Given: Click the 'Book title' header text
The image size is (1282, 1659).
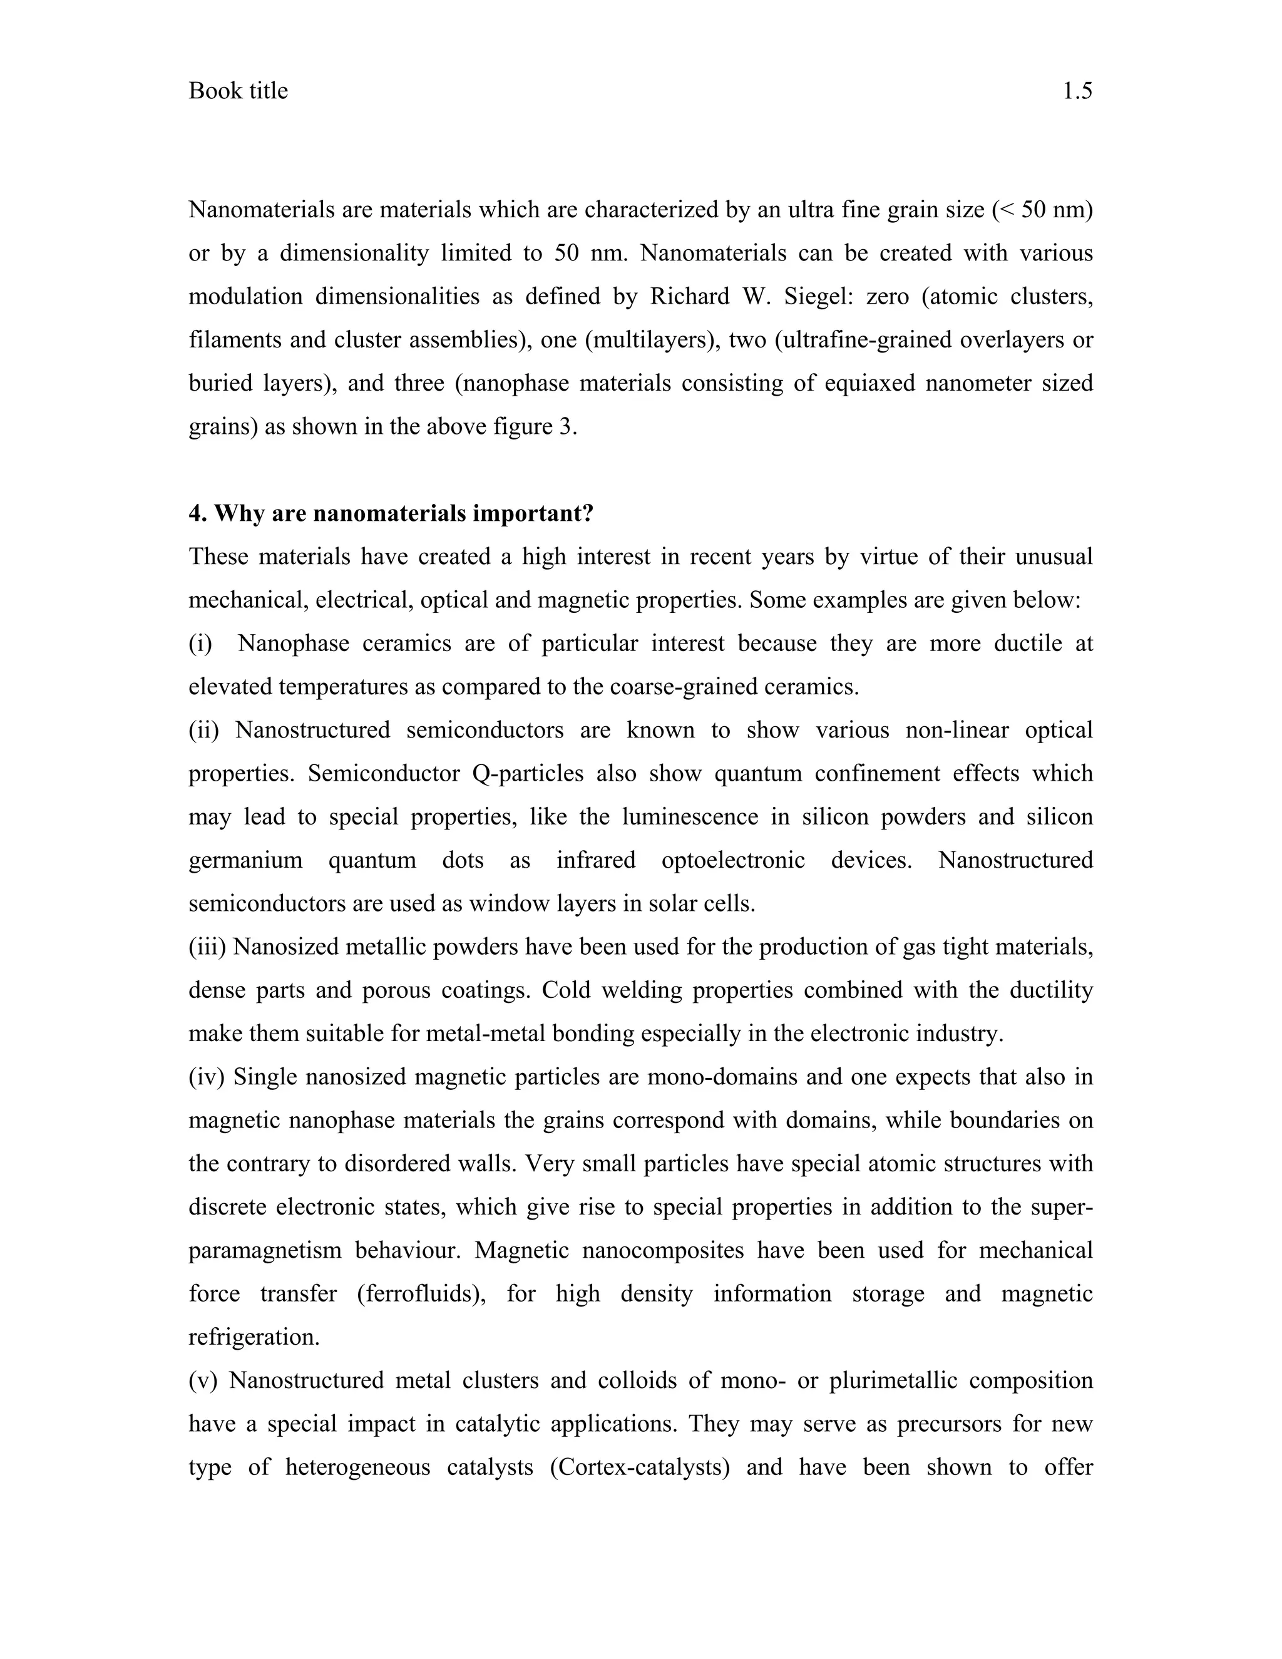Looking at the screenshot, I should [x=238, y=91].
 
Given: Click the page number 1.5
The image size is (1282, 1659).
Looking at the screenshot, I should [x=1076, y=91].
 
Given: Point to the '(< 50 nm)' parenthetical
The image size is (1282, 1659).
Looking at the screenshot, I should [x=1042, y=210].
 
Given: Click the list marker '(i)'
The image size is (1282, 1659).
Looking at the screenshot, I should [x=200, y=644].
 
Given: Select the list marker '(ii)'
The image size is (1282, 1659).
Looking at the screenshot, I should [x=203, y=730].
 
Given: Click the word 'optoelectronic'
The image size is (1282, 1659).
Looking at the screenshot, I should [x=733, y=860].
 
